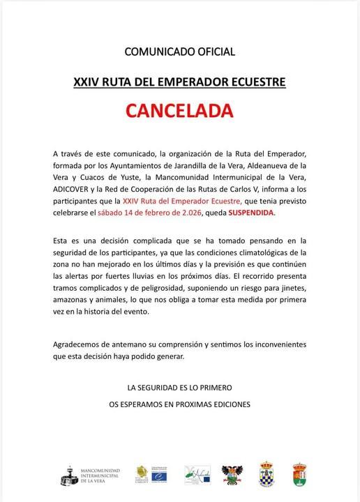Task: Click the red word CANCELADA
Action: pos(179,112)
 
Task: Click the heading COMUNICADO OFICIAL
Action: pos(179,52)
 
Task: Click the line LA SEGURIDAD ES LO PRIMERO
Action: pos(179,386)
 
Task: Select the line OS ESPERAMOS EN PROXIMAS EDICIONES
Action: pos(179,403)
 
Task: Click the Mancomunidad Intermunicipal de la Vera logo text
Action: pos(101,475)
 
